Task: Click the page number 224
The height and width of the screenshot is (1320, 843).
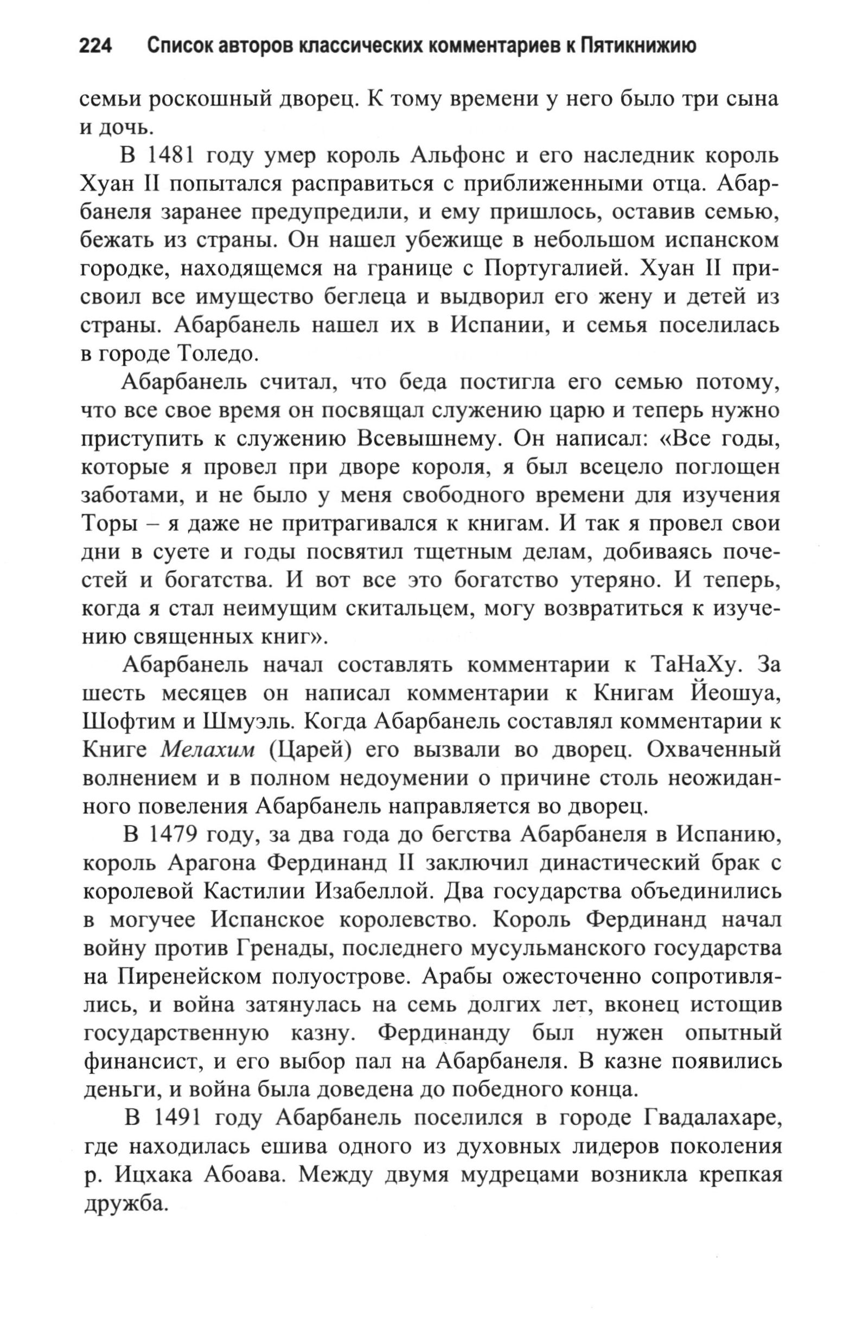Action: [96, 46]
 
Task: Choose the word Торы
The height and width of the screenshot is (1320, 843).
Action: [108, 524]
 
